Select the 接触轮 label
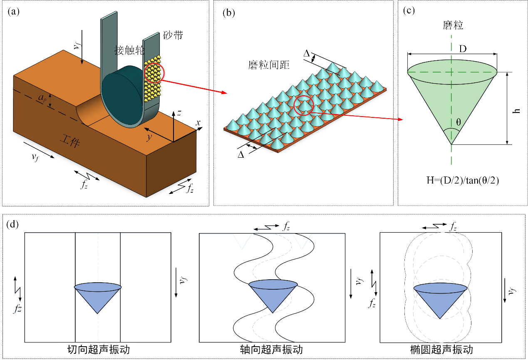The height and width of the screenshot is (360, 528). coord(129,51)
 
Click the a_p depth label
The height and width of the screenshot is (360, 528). coord(42,98)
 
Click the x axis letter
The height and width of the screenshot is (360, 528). coord(198,123)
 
